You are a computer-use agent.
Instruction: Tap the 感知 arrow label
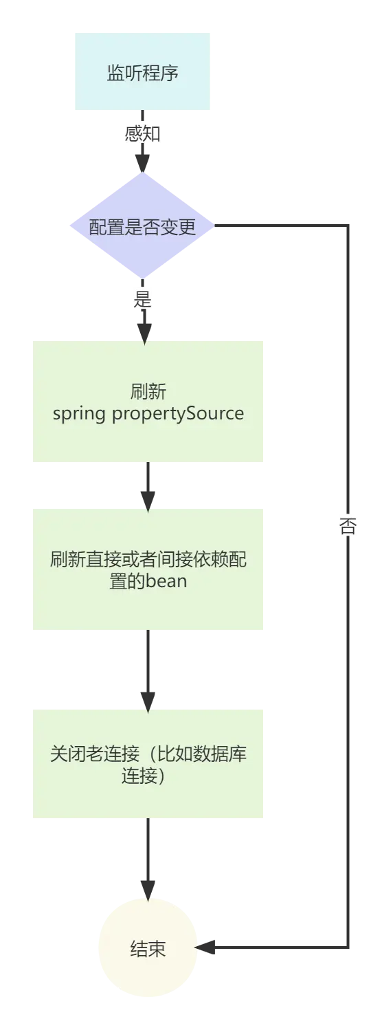[142, 133]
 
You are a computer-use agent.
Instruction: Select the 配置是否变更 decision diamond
[142, 227]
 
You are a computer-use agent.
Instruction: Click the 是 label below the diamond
[143, 300]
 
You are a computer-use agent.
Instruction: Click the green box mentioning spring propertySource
[148, 401]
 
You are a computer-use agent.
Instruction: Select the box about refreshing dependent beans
[148, 569]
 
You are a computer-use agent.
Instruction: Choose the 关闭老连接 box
[148, 764]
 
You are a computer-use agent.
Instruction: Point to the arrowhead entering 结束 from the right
[209, 949]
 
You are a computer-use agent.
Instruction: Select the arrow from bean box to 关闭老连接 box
[148, 671]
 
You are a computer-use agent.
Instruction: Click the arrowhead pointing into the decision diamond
[142, 162]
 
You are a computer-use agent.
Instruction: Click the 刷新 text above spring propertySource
[148, 392]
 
